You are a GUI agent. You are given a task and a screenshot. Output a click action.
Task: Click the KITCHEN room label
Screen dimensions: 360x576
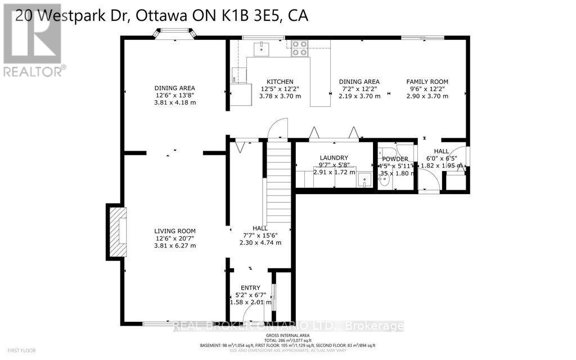click(x=280, y=82)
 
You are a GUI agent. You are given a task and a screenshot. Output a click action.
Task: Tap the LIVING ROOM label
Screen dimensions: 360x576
click(x=175, y=231)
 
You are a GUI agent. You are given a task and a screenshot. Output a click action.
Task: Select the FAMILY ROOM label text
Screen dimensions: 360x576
click(x=427, y=82)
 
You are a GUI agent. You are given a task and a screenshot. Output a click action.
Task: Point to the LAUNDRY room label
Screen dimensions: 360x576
click(x=334, y=157)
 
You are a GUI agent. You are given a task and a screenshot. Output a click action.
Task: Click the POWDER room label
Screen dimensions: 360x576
click(x=395, y=159)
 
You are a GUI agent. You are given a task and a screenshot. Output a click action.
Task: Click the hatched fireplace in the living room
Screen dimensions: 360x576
click(x=117, y=231)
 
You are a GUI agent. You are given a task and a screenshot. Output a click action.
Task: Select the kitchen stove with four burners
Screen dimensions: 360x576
click(x=299, y=48)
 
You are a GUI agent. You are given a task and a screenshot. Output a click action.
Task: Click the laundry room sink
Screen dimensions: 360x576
click(x=364, y=181)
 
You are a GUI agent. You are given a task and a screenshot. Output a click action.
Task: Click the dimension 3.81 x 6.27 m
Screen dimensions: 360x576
click(x=175, y=245)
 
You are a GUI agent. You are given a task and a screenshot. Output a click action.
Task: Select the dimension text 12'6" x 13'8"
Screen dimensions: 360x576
click(x=175, y=95)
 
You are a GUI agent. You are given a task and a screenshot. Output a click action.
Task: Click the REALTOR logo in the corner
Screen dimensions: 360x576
click(x=32, y=39)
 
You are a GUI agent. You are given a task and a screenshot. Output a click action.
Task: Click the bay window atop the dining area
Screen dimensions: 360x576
click(x=175, y=35)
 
